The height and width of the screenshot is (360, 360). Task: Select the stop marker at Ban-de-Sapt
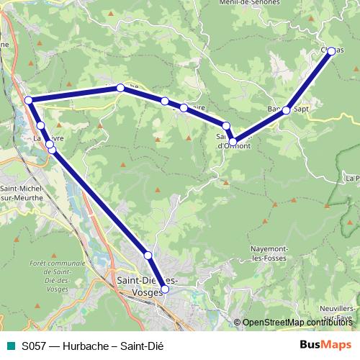[x=286, y=110]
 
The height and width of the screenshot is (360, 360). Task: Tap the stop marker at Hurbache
[x=121, y=88]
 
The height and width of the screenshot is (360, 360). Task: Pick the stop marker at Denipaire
[x=184, y=108]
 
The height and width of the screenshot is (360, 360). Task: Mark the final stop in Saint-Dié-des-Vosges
[x=165, y=289]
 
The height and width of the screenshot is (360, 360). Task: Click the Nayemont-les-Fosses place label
[x=269, y=253]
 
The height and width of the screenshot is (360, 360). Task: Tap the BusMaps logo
[x=325, y=345]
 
